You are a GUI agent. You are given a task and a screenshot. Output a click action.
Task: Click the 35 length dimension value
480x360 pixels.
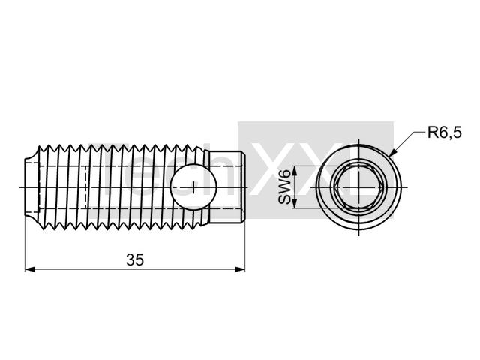[x=135, y=260]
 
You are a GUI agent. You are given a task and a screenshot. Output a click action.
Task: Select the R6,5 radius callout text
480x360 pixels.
[x=444, y=133]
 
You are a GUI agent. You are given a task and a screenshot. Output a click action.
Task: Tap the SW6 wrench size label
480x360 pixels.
[x=285, y=187]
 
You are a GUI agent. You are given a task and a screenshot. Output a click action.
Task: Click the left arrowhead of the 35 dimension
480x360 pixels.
[x=29, y=269]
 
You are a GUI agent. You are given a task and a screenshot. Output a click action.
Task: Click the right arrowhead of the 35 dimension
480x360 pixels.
[x=240, y=269]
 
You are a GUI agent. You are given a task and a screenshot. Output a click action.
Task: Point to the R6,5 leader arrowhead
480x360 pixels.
[x=393, y=152]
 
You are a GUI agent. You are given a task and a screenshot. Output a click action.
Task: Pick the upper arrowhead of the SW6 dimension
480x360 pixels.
[x=294, y=170]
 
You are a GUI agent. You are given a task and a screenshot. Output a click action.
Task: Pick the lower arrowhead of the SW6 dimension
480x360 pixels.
[x=294, y=203]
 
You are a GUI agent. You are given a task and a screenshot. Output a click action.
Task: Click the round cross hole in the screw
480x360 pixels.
[x=193, y=187]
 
